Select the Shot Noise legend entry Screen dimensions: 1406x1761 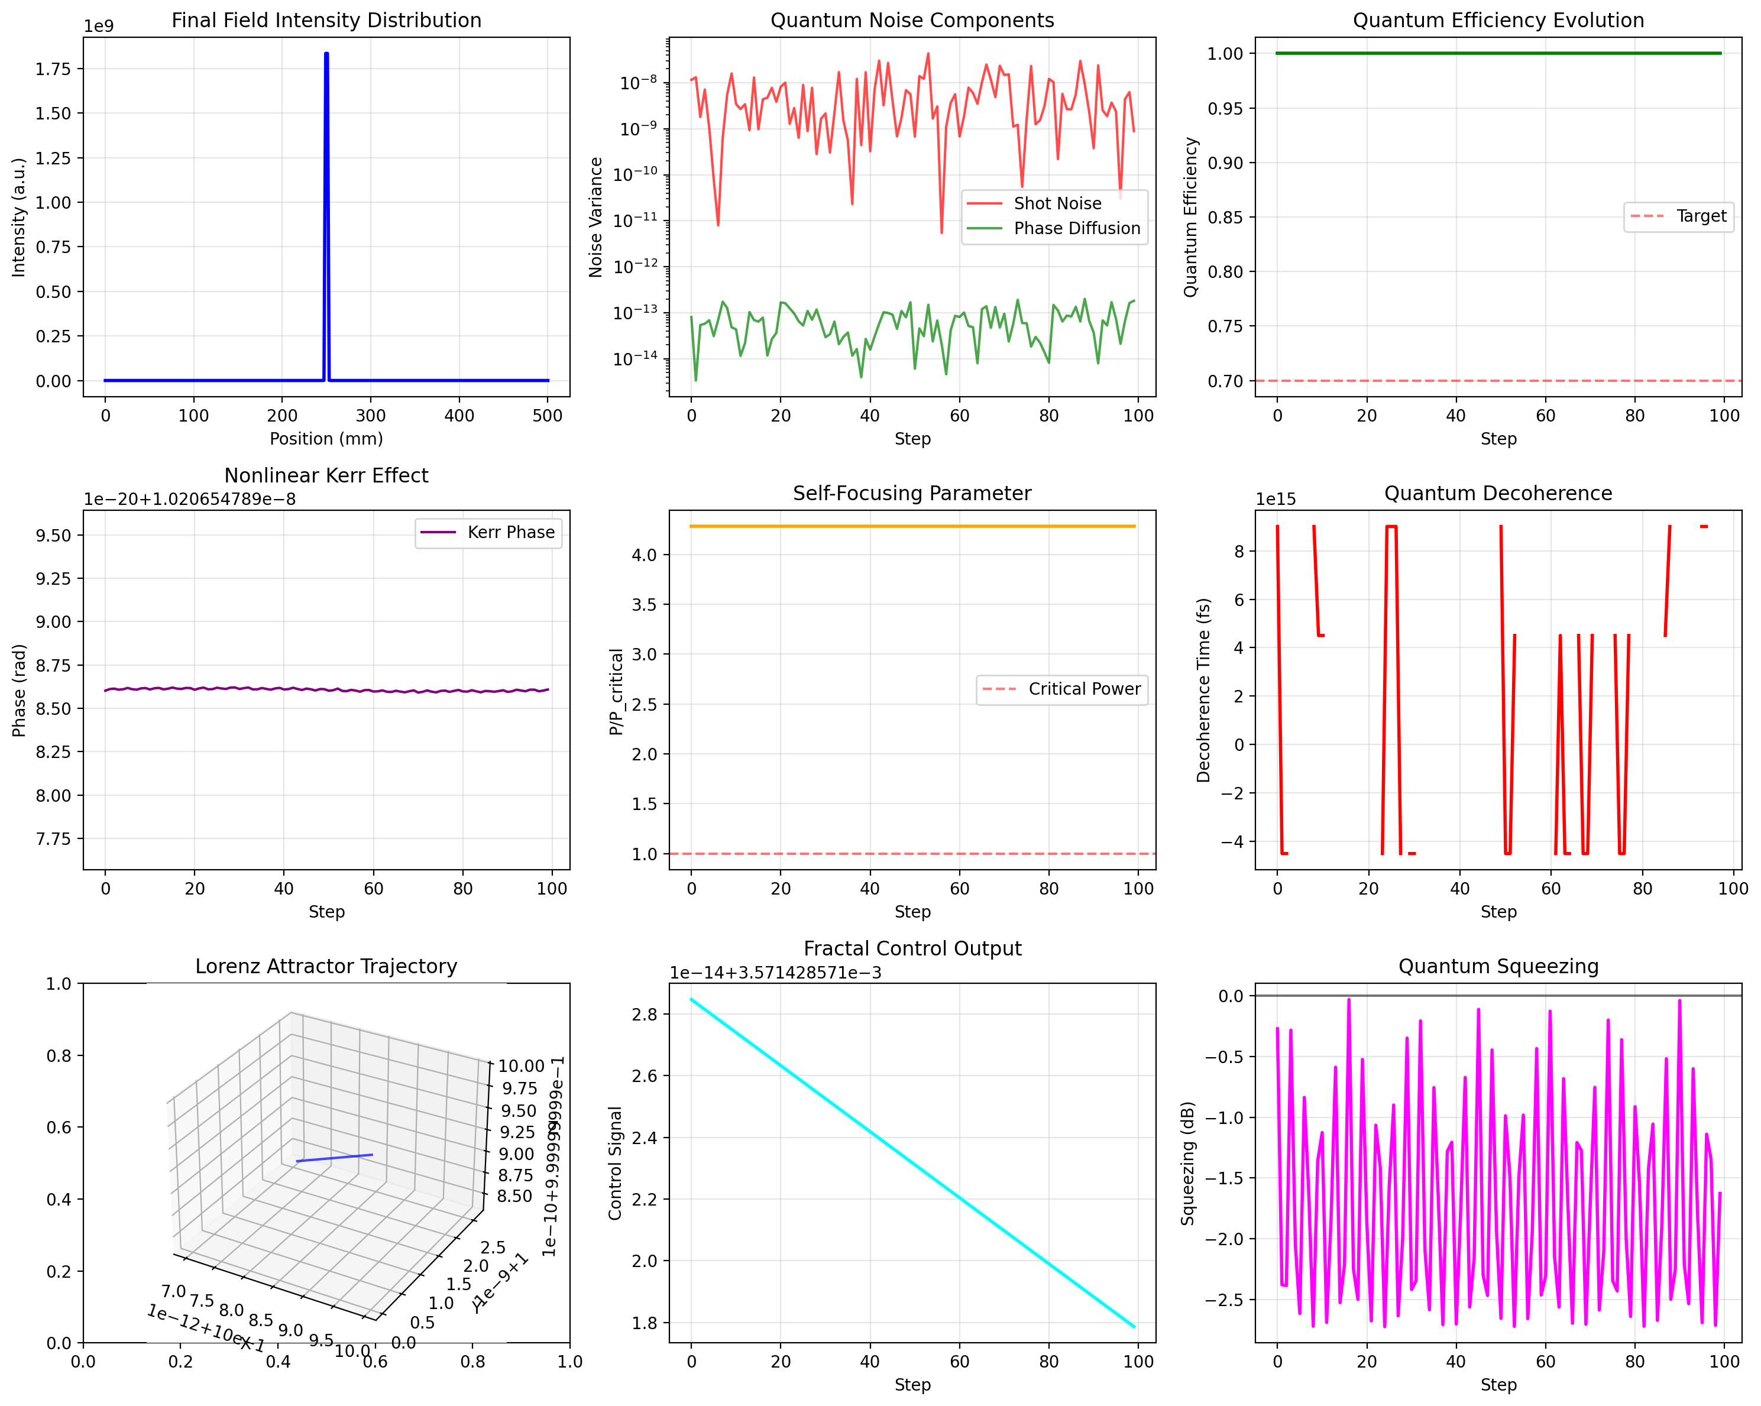click(x=1057, y=203)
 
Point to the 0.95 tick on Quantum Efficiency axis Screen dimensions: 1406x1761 click(x=1225, y=109)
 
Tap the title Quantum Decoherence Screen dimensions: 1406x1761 click(x=1498, y=493)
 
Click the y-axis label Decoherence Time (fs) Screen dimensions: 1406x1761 click(x=1203, y=690)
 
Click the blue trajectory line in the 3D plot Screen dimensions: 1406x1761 click(x=335, y=1157)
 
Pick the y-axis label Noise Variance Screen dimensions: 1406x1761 click(x=595, y=217)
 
